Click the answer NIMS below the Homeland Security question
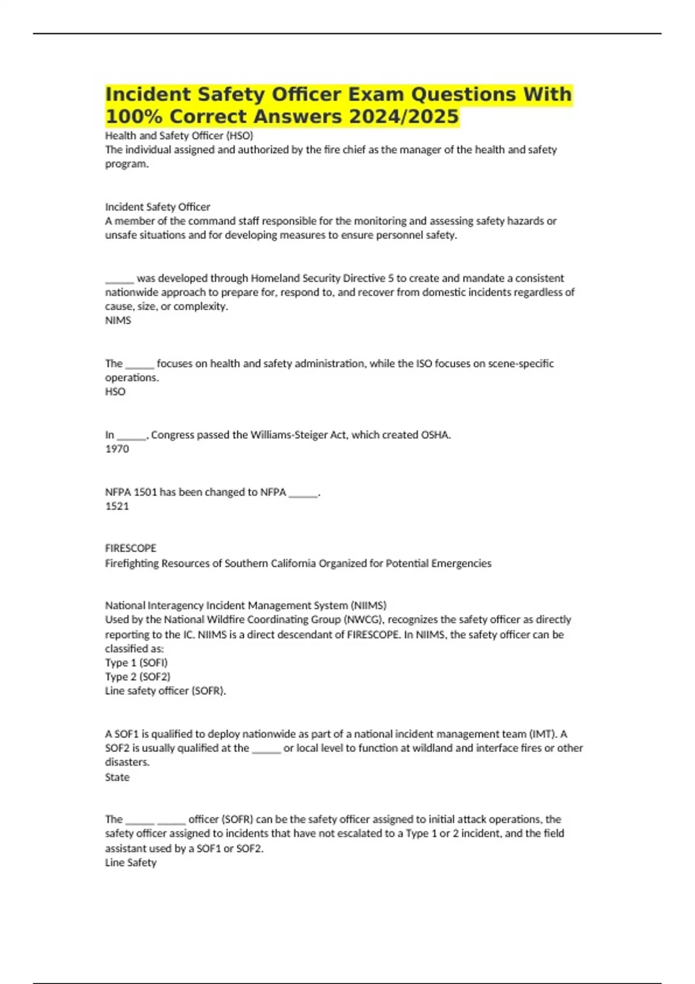pos(118,320)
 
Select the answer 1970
pos(117,449)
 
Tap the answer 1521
pos(117,506)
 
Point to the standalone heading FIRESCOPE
pos(130,548)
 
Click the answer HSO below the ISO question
pos(115,391)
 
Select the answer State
pos(117,777)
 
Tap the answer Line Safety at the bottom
pos(131,862)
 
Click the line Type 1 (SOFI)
pos(136,662)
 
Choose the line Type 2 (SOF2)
pos(137,676)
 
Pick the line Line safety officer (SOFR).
pos(165,691)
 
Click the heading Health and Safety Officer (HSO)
pos(179,135)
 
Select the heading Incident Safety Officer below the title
pos(158,207)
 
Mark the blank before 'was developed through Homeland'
pos(119,279)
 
